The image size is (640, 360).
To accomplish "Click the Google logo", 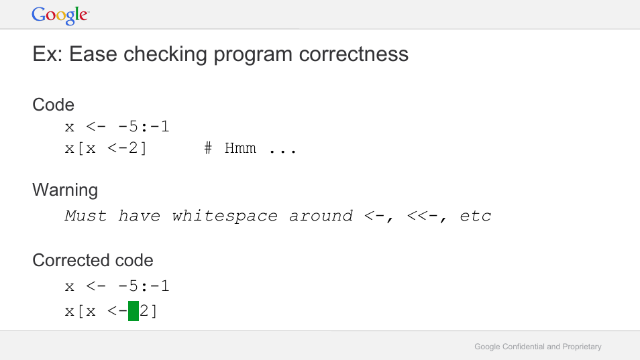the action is [x=60, y=15].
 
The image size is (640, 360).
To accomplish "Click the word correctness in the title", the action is [x=354, y=54].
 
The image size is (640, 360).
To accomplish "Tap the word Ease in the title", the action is [x=93, y=54].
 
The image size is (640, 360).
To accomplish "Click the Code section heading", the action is [x=53, y=105].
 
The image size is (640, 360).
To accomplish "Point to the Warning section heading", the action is [x=65, y=190].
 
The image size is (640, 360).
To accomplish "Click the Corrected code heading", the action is [x=93, y=260].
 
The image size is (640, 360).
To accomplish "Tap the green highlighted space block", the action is [x=134, y=311].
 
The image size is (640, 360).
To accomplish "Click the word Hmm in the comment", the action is [x=240, y=148].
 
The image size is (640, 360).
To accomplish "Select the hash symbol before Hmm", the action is [x=208, y=148].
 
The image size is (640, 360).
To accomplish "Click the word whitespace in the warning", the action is [x=225, y=216].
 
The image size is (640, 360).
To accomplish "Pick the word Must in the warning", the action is [x=86, y=216].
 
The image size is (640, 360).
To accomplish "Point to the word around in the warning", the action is [x=321, y=216].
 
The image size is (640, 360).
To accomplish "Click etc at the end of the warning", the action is [x=475, y=216].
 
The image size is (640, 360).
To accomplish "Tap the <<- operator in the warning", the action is [x=422, y=216].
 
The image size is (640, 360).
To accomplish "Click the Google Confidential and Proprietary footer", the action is [x=537, y=347].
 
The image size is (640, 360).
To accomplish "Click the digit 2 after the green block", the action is [x=144, y=311].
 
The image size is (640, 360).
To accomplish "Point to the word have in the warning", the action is [x=139, y=216].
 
